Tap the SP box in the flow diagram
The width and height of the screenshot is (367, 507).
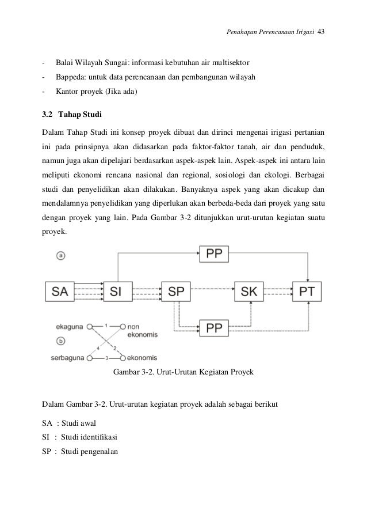(176, 292)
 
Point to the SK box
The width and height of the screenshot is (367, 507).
(250, 292)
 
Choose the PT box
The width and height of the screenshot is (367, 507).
(307, 292)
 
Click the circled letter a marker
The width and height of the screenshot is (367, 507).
(61, 255)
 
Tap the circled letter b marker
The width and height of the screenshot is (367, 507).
(61, 341)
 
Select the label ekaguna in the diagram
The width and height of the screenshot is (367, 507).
(69, 326)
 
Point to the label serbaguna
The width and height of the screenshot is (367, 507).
(67, 358)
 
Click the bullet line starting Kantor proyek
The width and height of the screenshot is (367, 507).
(96, 90)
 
